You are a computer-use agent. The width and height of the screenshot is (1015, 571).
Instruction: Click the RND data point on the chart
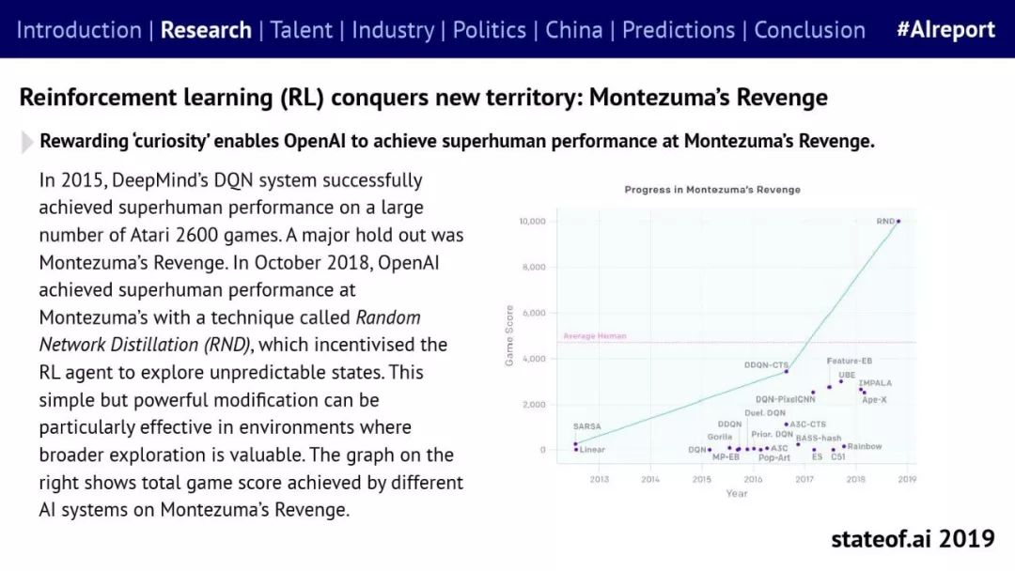[x=898, y=222]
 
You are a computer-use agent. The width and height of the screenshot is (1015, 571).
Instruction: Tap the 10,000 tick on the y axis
[x=532, y=222]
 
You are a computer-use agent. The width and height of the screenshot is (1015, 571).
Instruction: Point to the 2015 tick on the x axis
[x=702, y=479]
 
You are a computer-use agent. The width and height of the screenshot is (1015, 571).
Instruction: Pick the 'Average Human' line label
[x=594, y=336]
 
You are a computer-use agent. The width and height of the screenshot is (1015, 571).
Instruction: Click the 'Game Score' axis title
[x=510, y=335]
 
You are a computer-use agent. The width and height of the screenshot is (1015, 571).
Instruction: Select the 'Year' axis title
[x=737, y=493]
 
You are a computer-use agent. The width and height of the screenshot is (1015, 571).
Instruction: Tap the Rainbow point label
[x=865, y=446]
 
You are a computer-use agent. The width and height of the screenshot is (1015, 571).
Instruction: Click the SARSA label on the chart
[x=586, y=426]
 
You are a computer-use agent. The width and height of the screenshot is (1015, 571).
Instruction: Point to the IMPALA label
[x=875, y=383]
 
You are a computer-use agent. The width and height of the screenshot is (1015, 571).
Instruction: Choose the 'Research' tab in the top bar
[x=206, y=29]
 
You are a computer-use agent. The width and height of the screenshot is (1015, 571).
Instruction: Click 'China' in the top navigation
[x=574, y=29]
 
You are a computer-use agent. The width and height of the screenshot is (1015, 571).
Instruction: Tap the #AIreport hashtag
[x=945, y=29]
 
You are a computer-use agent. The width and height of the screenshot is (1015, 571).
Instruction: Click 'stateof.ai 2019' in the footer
[x=913, y=539]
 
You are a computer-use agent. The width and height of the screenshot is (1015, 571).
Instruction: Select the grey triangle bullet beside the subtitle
[x=27, y=142]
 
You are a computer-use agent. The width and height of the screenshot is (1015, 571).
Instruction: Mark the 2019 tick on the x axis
[x=907, y=479]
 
